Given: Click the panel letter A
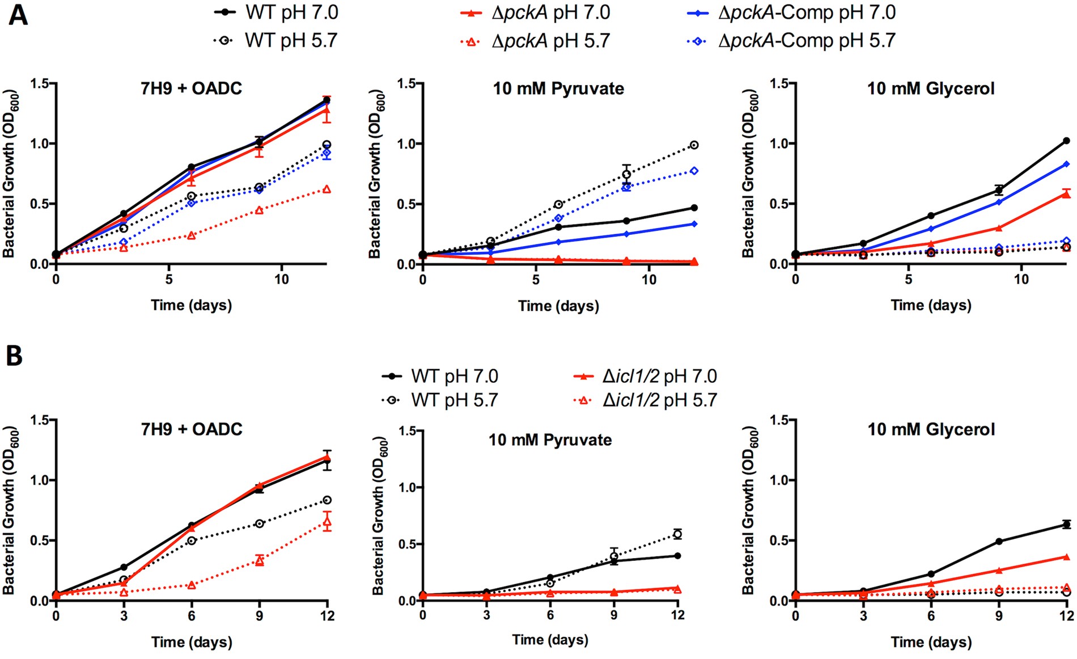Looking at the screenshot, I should tap(18, 15).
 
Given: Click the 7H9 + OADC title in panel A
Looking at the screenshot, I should tap(191, 88).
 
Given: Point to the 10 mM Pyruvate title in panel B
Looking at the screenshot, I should tap(550, 440).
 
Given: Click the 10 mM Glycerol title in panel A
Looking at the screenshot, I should tap(931, 88).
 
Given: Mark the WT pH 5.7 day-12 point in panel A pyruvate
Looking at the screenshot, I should tap(694, 145).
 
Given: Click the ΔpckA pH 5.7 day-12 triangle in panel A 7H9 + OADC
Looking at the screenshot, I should tap(327, 189).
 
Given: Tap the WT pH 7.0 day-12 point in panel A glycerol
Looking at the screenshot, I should tap(1066, 141).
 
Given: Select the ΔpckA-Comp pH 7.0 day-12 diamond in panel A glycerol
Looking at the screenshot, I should tap(1066, 164).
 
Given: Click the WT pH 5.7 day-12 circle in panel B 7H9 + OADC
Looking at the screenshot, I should tap(327, 500).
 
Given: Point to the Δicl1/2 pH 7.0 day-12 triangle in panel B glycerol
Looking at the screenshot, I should tap(1066, 557).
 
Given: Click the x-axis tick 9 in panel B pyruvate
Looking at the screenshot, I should tap(614, 615).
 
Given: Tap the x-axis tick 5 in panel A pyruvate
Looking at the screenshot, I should tap(536, 280).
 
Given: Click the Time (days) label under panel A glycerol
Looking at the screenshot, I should tap(931, 305).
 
